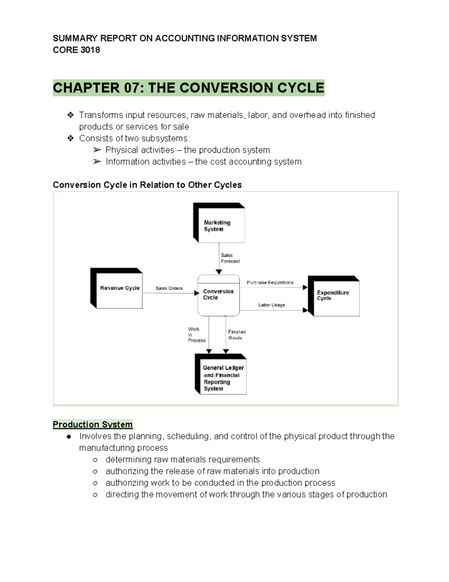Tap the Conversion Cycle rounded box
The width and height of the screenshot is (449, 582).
click(x=219, y=295)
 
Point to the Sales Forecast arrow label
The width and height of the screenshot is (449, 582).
click(x=230, y=258)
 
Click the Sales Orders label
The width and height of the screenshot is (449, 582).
click(x=169, y=288)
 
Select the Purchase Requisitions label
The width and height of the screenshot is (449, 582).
click(x=270, y=283)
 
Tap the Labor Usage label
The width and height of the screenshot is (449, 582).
click(x=271, y=305)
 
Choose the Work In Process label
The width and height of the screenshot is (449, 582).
click(x=196, y=335)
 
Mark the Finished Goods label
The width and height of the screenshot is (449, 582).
click(x=236, y=335)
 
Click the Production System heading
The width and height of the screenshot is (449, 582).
click(x=93, y=424)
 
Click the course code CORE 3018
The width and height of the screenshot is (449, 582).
click(x=76, y=50)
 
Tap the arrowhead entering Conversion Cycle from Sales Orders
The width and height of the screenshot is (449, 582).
click(x=196, y=293)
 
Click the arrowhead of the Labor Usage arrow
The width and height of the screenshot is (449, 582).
click(x=305, y=310)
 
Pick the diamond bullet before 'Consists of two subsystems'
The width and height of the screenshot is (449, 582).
click(x=70, y=138)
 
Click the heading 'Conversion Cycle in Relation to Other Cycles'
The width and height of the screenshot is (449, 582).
click(x=147, y=185)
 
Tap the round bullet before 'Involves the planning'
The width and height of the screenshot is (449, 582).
click(x=69, y=437)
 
